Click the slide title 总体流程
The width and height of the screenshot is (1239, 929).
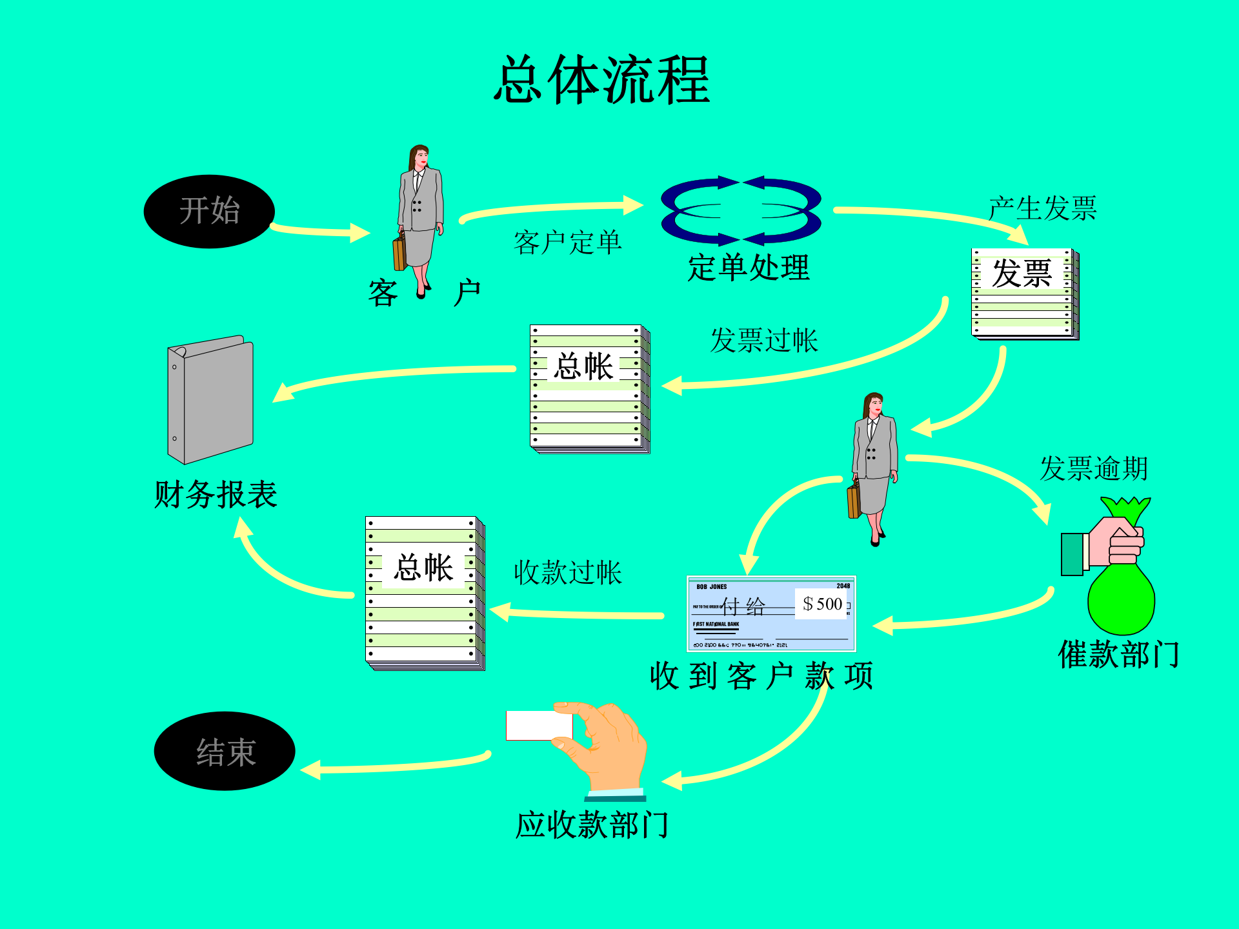click(x=601, y=80)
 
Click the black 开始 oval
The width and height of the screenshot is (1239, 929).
click(x=209, y=211)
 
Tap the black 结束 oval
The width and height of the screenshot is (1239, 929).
click(x=225, y=751)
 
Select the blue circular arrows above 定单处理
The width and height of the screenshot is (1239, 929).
click(x=741, y=210)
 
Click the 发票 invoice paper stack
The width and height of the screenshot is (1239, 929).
click(x=1024, y=294)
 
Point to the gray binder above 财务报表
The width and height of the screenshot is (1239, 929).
click(x=210, y=399)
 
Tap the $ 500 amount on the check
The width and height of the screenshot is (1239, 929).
click(x=822, y=604)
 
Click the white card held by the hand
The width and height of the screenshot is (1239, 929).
click(x=538, y=725)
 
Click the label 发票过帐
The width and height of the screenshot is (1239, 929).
click(x=763, y=340)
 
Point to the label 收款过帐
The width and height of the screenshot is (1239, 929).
click(x=567, y=572)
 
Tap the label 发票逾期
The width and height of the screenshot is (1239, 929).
click(x=1093, y=468)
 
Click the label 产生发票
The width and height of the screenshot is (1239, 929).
click(x=1042, y=208)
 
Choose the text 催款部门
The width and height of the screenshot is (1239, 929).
click(x=1118, y=655)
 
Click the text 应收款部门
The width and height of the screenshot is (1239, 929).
click(x=591, y=825)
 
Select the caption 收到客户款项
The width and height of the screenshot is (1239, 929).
click(x=761, y=676)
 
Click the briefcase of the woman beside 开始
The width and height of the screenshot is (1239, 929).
click(x=399, y=254)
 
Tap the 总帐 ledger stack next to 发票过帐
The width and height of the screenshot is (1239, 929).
click(x=589, y=388)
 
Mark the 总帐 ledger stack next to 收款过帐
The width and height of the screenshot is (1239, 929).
click(x=425, y=593)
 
